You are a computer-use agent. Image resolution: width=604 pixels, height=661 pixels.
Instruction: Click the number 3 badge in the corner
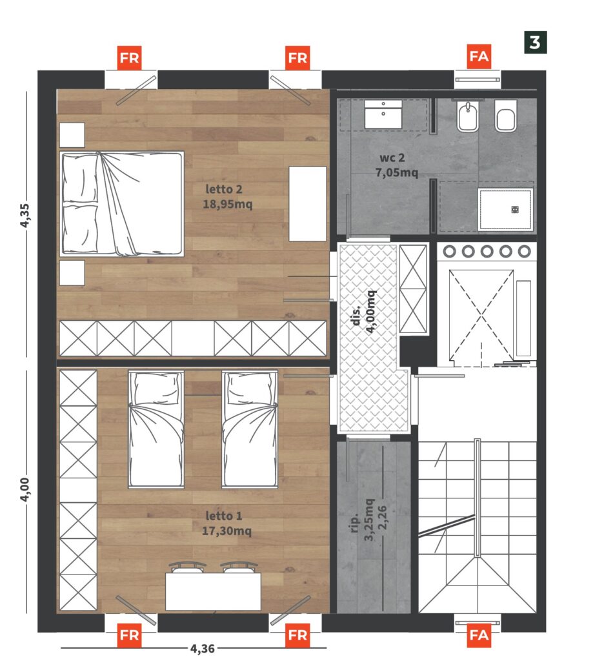point(535,43)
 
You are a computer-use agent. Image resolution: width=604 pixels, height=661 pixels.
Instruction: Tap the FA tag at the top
point(479,56)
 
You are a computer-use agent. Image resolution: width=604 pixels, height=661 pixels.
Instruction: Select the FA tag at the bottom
point(479,635)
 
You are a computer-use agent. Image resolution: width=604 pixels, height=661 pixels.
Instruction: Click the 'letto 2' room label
point(224,189)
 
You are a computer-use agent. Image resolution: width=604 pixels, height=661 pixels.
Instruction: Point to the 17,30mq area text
point(226,531)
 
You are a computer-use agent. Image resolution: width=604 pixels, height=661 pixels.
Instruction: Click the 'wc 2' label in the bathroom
point(392,158)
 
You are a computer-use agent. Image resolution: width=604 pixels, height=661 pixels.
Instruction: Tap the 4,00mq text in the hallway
point(370,312)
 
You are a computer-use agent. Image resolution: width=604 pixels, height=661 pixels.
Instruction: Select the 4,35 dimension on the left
point(25,216)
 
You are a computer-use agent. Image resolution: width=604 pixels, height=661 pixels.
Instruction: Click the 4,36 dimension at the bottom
point(203,648)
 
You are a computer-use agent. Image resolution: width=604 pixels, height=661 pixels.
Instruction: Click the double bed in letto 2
point(121,204)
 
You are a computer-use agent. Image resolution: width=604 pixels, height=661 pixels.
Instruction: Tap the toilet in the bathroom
point(505,116)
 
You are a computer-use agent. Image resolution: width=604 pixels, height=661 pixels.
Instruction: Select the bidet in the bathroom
point(467,116)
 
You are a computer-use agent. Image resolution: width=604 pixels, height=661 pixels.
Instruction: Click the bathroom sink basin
point(383,114)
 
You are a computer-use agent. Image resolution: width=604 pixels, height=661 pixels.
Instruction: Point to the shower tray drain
point(515,210)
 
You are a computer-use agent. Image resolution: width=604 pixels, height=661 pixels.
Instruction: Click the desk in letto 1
point(213,591)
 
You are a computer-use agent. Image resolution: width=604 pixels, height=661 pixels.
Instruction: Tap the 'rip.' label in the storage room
point(355,523)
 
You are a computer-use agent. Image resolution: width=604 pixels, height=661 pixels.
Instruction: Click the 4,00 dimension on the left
point(25,489)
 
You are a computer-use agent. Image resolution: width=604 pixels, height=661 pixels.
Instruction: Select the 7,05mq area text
point(397,172)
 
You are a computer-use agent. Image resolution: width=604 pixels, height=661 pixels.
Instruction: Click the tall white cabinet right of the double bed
point(307,203)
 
